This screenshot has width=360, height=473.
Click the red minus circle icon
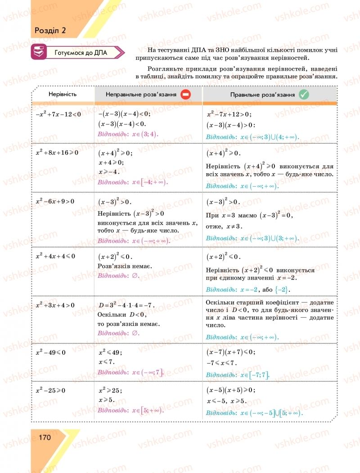(x=186, y=95)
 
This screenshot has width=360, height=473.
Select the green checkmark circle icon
(x=304, y=95)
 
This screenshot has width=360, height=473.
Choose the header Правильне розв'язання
(x=262, y=95)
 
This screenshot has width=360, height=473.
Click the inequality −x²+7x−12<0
(x=58, y=114)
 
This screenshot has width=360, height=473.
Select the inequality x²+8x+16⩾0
(x=57, y=153)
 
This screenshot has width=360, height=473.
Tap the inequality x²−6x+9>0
(x=55, y=201)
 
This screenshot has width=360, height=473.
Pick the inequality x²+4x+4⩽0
(x=55, y=256)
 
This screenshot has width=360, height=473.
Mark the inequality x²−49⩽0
(x=51, y=352)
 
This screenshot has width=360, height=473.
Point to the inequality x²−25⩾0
(x=51, y=390)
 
